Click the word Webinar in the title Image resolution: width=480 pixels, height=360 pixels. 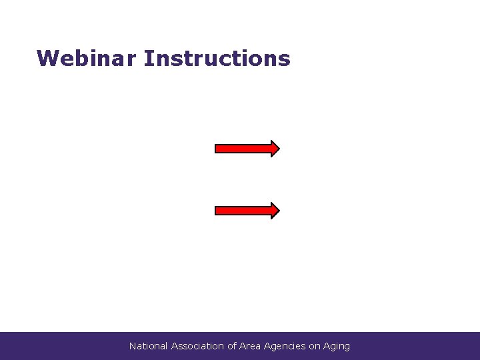tap(87, 59)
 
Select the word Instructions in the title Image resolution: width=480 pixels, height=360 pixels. tap(217, 59)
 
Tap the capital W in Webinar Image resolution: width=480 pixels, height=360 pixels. tap(46, 59)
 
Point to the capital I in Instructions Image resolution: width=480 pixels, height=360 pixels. tap(147, 59)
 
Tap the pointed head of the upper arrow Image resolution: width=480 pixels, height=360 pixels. tap(274, 149)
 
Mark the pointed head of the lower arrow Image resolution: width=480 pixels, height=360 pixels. tap(274, 211)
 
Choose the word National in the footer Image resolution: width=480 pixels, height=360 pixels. tap(149, 346)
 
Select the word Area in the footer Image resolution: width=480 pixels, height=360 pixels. tap(249, 346)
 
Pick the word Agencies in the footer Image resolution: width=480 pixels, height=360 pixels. tap(285, 346)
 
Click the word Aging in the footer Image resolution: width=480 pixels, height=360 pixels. tap(337, 347)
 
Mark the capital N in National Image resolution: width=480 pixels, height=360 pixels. tap(133, 346)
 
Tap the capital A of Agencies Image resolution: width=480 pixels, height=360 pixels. tap(267, 346)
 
